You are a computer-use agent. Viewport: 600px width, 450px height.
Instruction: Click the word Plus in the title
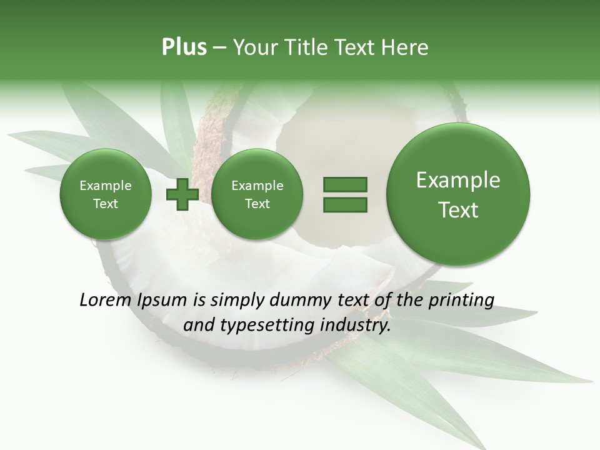coord(184,47)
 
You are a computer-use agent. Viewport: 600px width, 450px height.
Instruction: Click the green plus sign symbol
coord(182,194)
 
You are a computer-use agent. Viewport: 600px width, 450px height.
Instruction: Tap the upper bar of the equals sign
coord(345,184)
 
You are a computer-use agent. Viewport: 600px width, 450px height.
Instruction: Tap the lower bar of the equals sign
coord(345,204)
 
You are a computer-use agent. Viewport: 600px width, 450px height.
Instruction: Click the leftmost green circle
coord(105,194)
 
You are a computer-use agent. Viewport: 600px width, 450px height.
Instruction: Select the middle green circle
coord(257,194)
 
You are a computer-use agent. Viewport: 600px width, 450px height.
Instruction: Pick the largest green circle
coord(458,194)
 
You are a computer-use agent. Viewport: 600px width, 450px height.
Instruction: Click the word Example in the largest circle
coord(458,180)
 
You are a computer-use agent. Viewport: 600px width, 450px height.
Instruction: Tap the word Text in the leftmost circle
coord(105,204)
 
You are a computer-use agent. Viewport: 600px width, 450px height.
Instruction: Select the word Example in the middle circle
coord(257,186)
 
